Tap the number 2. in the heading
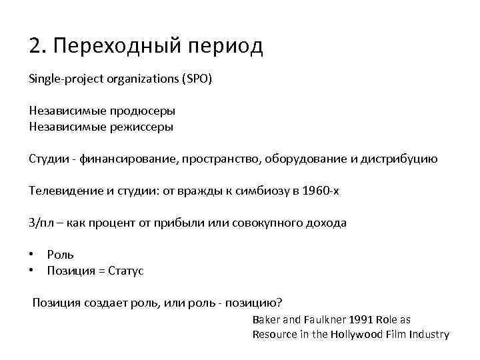coord(37,46)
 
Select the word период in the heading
coord(226,47)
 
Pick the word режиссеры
coord(145,127)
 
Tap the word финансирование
coord(126,159)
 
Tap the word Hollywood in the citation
coord(352,335)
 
